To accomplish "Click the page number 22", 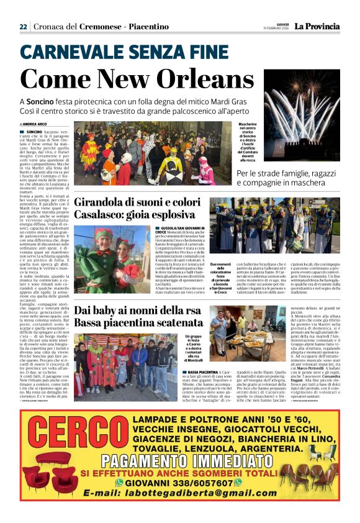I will click(x=23, y=27).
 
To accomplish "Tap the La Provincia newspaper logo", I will click(x=317, y=27).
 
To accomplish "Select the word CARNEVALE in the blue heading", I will click(x=70, y=53).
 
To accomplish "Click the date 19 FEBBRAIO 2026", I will click(x=276, y=29).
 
